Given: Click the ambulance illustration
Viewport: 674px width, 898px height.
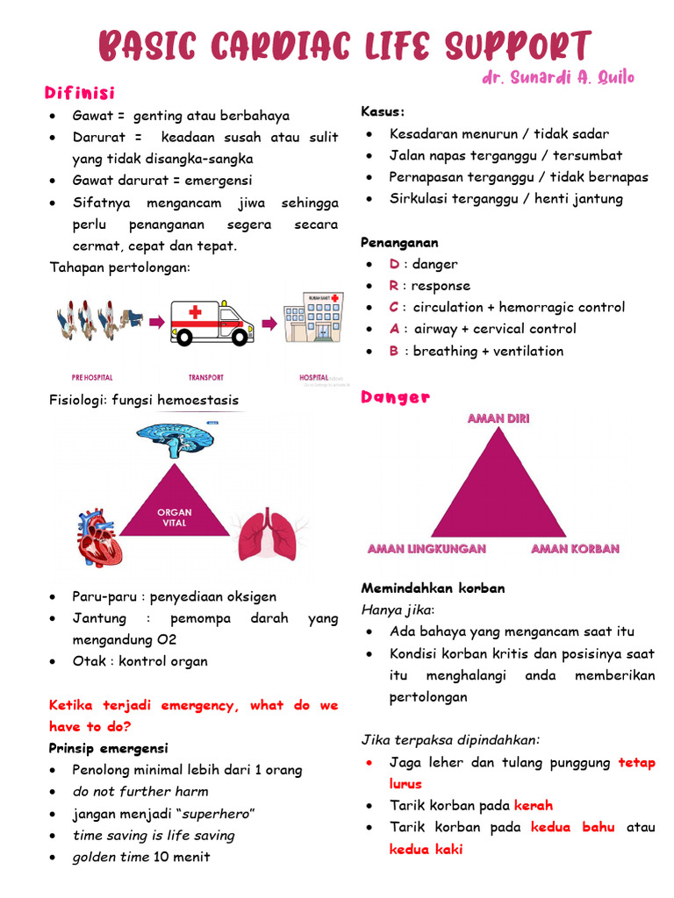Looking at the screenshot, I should pos(210,322).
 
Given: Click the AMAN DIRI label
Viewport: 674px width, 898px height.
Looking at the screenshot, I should pos(498,418).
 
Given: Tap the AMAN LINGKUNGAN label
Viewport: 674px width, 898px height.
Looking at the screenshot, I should pos(427,549).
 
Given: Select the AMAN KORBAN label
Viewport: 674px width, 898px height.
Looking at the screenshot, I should pos(575,549).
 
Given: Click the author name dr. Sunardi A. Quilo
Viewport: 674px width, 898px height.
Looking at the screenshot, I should pos(557,78).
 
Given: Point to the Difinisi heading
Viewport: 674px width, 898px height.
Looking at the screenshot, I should pos(80,92).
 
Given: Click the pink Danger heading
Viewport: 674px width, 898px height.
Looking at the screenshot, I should pos(395,397).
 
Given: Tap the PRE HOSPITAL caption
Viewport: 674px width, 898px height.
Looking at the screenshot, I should pos(93,378).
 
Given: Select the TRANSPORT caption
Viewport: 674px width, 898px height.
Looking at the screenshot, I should pos(205,378).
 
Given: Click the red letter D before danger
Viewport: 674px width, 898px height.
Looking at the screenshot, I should pos(395,264).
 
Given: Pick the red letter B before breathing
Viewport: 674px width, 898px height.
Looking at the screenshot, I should pos(395,351).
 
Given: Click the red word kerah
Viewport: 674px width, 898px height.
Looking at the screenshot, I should pos(533,805).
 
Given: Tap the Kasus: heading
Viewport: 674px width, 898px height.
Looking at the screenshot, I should pos(383,111).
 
